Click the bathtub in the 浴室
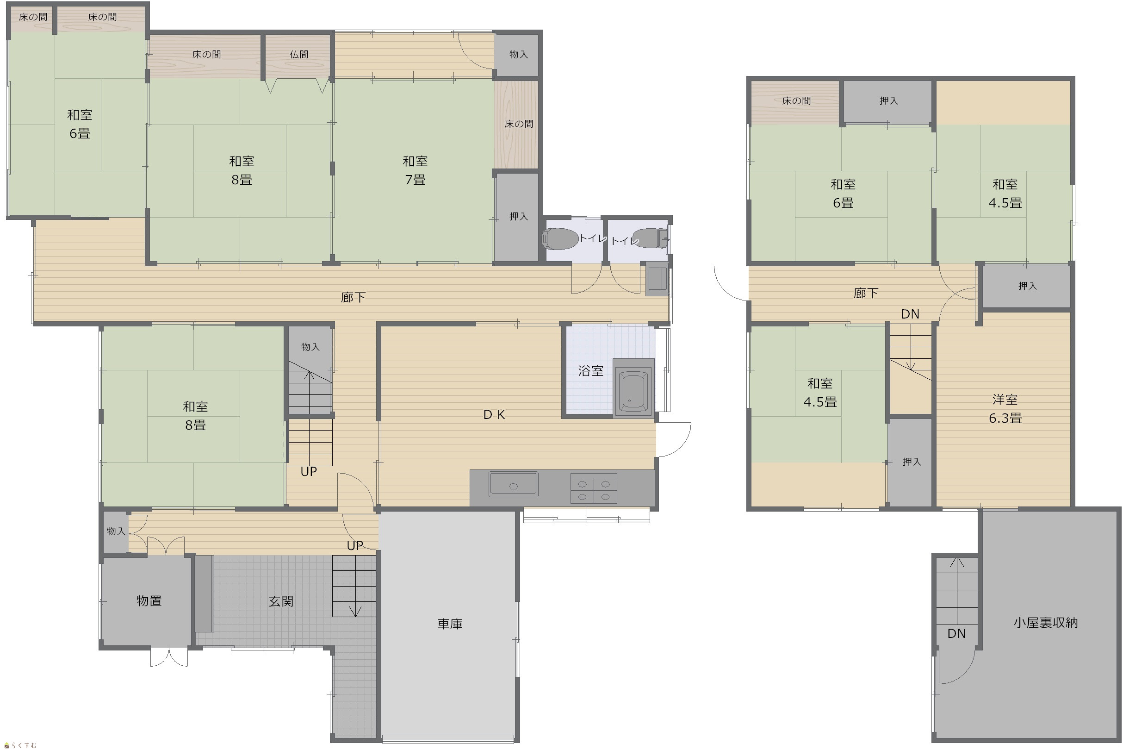[x=633, y=389]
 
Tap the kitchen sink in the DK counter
[x=514, y=484]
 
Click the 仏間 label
[x=299, y=55]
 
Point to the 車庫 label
[x=450, y=624]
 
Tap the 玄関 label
[x=280, y=601]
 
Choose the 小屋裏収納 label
[x=1046, y=622]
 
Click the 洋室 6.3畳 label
[x=1005, y=408]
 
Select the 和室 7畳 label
[x=415, y=170]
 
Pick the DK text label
[x=494, y=415]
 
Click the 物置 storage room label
[x=149, y=601]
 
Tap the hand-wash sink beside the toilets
[x=658, y=278]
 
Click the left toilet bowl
[x=560, y=239]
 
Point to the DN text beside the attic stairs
[x=956, y=633]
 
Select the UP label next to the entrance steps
[x=355, y=545]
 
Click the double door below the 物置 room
[x=169, y=657]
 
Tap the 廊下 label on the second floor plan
[x=866, y=293]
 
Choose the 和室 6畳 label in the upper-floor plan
[x=843, y=193]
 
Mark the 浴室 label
[x=590, y=371]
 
